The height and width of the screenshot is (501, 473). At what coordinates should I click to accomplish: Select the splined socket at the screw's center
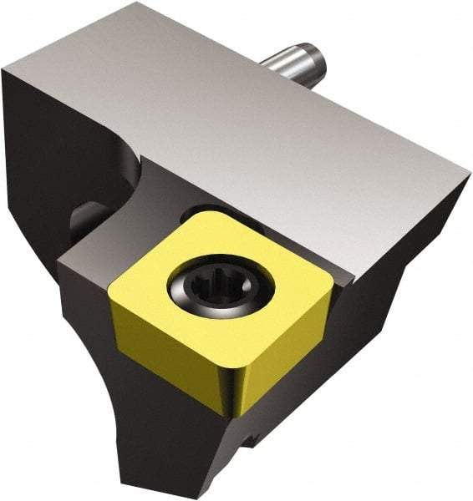pyautogui.click(x=215, y=291)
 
